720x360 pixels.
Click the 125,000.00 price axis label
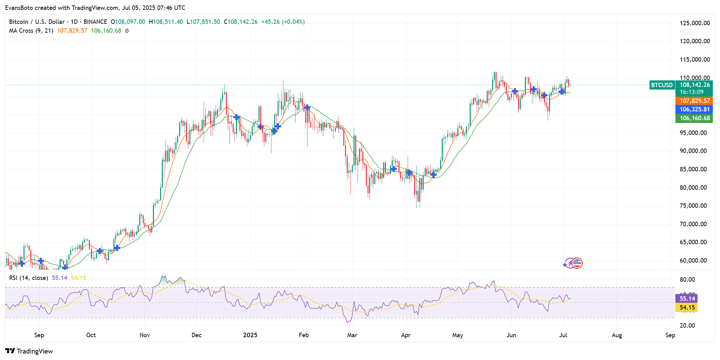pyautogui.click(x=695, y=23)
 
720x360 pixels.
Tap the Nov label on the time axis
pyautogui.click(x=145, y=335)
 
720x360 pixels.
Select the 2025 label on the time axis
pyautogui.click(x=250, y=335)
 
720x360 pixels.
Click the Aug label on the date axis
pyautogui.click(x=616, y=335)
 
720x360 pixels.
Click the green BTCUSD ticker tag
pyautogui.click(x=662, y=85)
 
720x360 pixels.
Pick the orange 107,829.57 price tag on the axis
pyautogui.click(x=694, y=101)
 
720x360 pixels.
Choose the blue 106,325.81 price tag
pyautogui.click(x=694, y=109)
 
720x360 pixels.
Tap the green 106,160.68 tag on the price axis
pyautogui.click(x=694, y=118)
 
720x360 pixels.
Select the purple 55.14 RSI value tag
pyautogui.click(x=687, y=299)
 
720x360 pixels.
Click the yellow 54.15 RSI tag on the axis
pyautogui.click(x=687, y=308)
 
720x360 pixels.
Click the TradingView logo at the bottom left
pyautogui.click(x=29, y=351)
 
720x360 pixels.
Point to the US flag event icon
pyautogui.click(x=577, y=263)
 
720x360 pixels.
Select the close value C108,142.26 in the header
pyautogui.click(x=240, y=22)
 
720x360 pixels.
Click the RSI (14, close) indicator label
pyautogui.click(x=28, y=278)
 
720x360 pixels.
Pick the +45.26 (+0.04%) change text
pyautogui.click(x=283, y=22)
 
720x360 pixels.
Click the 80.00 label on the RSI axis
pyautogui.click(x=687, y=280)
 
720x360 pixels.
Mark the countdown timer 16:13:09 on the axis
pyautogui.click(x=691, y=92)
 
